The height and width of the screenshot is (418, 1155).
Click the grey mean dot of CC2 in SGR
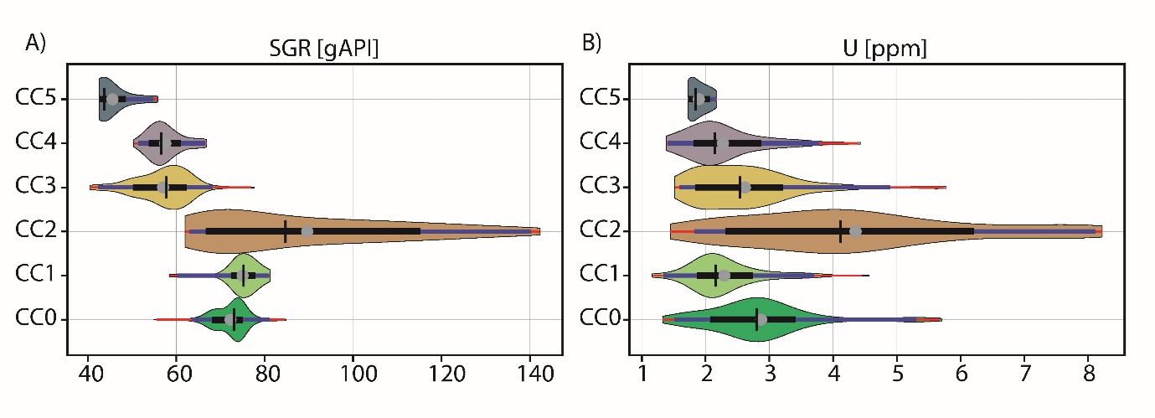click(307, 231)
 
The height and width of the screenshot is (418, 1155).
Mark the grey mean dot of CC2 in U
click(855, 231)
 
